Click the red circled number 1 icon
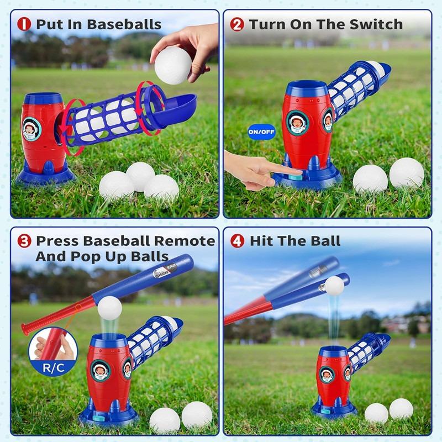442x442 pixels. coord(24,24)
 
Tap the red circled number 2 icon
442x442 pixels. coord(236,24)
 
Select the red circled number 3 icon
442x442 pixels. coord(24,241)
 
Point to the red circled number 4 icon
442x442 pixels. coord(236,241)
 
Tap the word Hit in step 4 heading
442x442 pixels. coord(262,241)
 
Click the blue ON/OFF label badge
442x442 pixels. coord(261,132)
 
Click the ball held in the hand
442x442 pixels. coord(172,63)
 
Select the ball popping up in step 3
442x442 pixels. coord(108,307)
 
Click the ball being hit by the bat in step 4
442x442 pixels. coord(334,285)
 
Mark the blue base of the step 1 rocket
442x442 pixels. coord(47,174)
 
